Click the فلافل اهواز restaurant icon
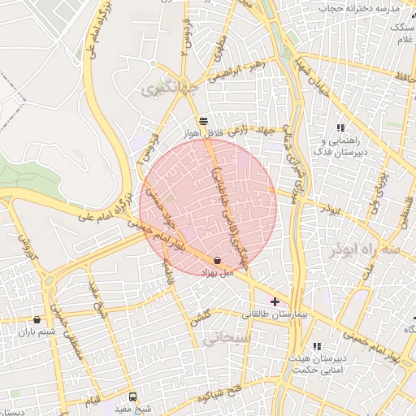point(202,120)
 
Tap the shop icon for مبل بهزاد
point(218,260)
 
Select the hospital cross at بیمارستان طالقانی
point(275,301)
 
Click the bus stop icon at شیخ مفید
point(132,396)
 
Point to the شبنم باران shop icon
point(37,319)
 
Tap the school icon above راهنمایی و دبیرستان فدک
point(340,128)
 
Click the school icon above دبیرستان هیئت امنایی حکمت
point(317,346)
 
